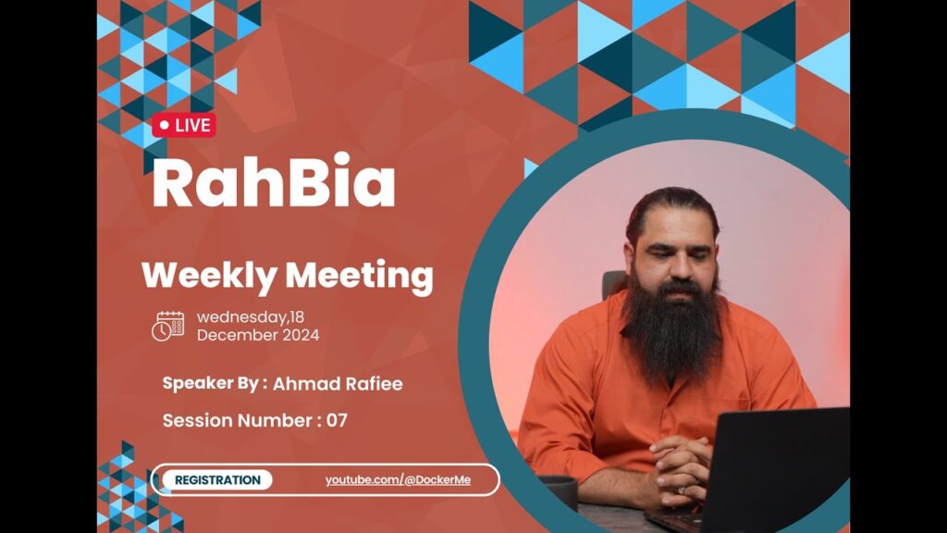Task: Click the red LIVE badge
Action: pos(184,125)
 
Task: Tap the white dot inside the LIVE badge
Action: pos(165,125)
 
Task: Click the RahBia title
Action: pos(274,181)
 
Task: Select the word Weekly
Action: pos(208,276)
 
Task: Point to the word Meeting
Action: pos(360,276)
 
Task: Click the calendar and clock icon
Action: pos(168,327)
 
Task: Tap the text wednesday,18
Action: pos(251,317)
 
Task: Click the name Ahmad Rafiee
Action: pos(338,384)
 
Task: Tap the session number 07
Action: pos(337,421)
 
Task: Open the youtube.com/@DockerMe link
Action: pos(398,480)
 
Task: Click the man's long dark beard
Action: pos(671,329)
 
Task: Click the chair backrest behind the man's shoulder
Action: pos(614,285)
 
